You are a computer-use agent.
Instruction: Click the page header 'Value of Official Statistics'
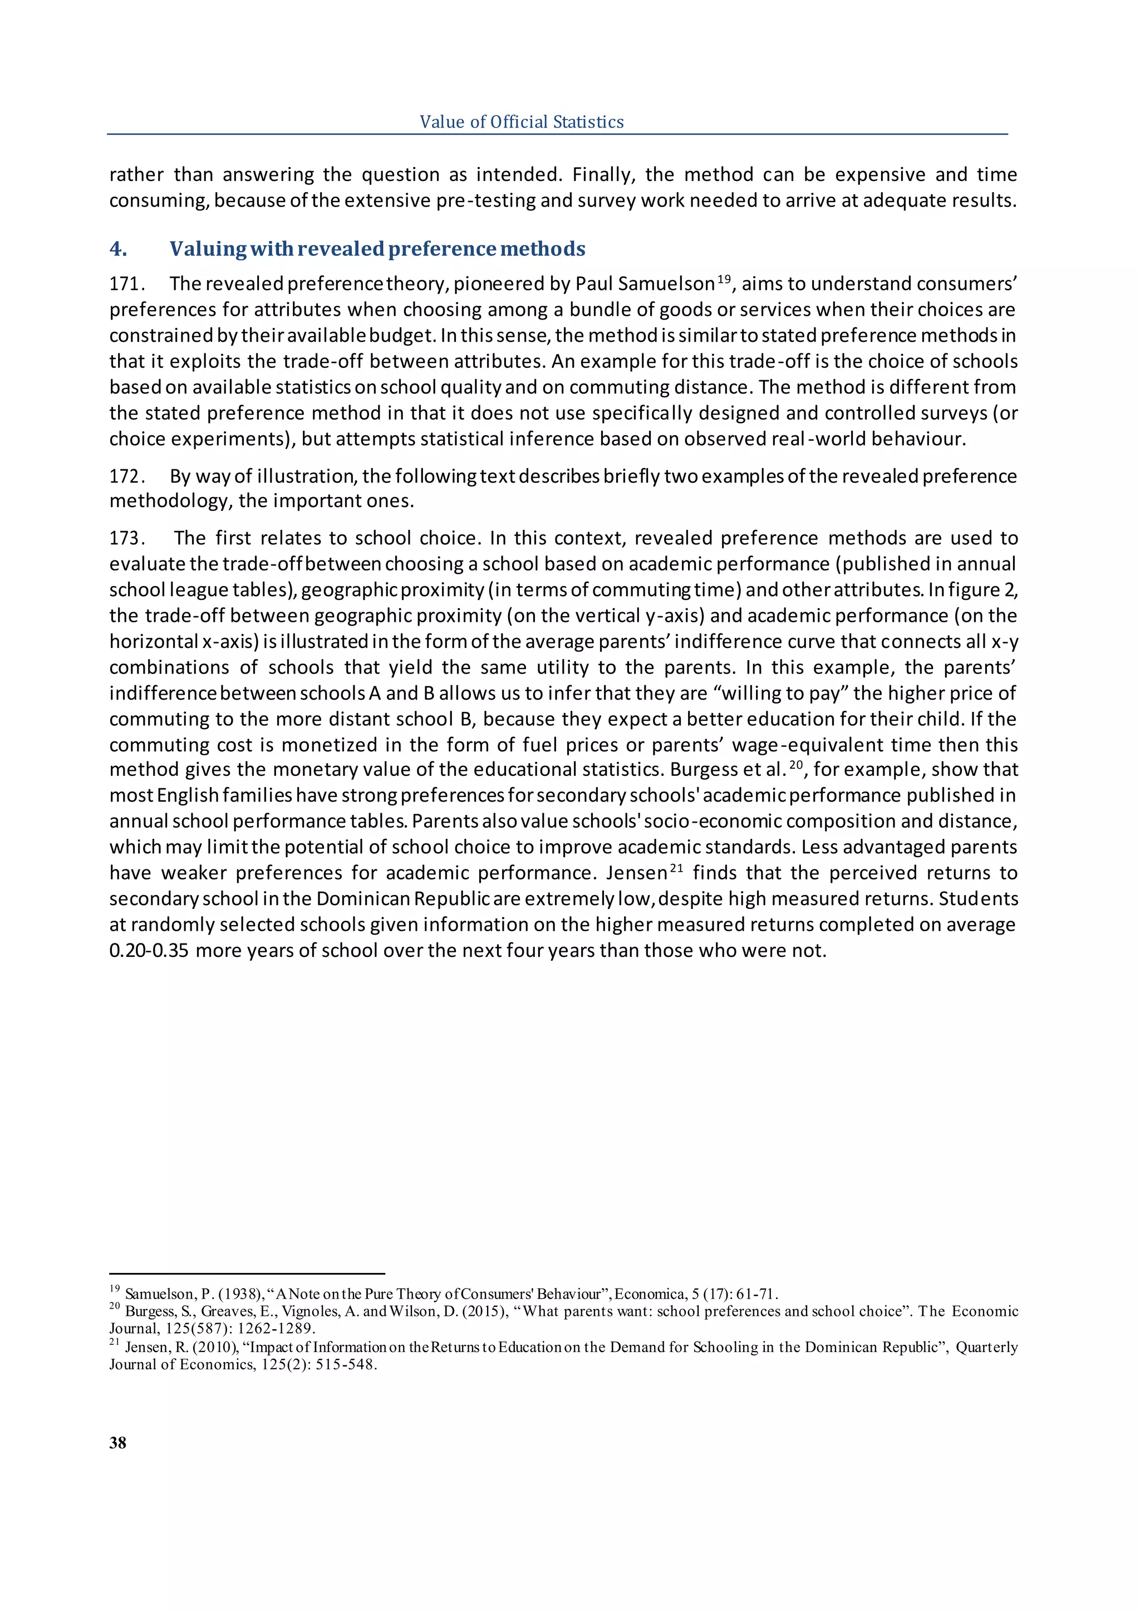pyautogui.click(x=521, y=122)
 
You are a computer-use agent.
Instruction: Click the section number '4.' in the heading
pyautogui.click(x=119, y=249)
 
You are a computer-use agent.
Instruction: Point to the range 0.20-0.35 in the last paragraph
pyautogui.click(x=149, y=951)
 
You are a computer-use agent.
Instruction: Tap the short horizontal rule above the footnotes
pyautogui.click(x=247, y=1274)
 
